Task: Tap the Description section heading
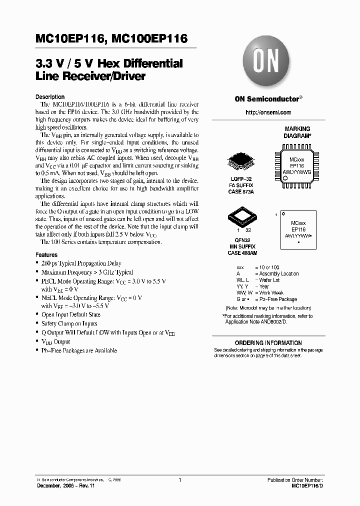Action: click(x=50, y=97)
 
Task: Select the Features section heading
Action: click(x=46, y=254)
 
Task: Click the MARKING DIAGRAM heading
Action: click(x=297, y=132)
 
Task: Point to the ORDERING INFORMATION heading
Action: click(x=268, y=343)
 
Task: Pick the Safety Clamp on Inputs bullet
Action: click(x=69, y=323)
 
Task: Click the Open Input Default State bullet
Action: click(x=70, y=314)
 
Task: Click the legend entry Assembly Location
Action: click(x=278, y=273)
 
